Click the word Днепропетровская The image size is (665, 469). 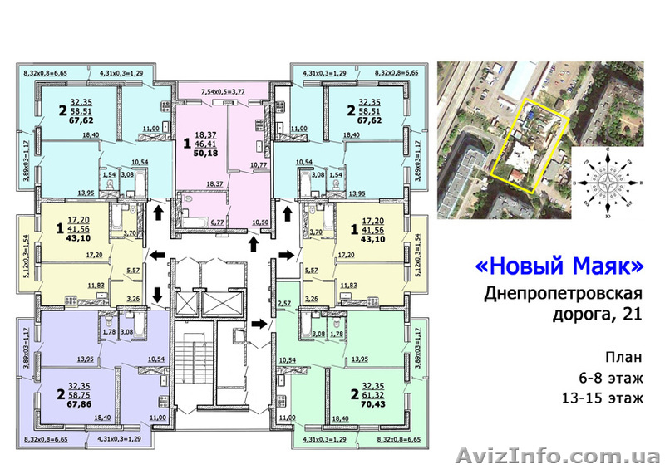pyautogui.click(x=564, y=295)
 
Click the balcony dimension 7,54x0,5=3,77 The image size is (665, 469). pyautogui.click(x=224, y=93)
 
